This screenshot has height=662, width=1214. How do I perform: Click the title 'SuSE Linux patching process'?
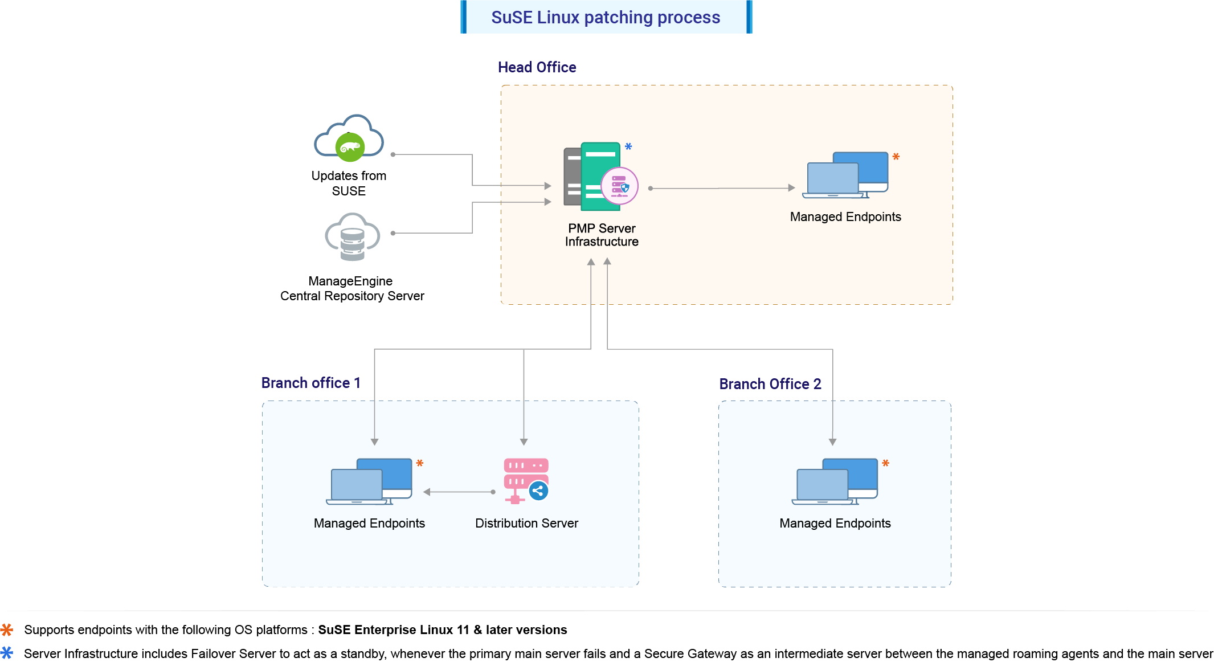(606, 17)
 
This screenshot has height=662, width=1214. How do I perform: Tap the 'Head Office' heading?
(537, 67)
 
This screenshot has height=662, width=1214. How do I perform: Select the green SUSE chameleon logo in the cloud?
(350, 148)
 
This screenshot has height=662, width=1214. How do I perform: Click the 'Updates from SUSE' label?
(349, 183)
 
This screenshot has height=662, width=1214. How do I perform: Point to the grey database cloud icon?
(352, 237)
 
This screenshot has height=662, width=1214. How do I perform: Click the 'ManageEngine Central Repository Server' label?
(352, 288)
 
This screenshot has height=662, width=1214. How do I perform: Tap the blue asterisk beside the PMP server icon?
(628, 147)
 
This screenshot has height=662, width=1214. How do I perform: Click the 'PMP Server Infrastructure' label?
(602, 235)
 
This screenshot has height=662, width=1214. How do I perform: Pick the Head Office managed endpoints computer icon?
(845, 175)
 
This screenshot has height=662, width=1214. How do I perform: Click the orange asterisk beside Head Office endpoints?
(896, 157)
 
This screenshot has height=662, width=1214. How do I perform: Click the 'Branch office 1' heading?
(310, 383)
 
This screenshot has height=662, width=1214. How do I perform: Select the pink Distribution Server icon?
(525, 480)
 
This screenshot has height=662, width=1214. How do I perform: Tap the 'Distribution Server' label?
(526, 523)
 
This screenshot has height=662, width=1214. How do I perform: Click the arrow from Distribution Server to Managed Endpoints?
(459, 492)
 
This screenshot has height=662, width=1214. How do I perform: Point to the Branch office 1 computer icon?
(369, 481)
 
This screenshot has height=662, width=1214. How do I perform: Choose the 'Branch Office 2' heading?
(770, 384)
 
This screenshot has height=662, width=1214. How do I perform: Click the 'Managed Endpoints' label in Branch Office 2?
(835, 523)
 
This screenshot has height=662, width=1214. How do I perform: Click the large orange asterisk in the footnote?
(7, 630)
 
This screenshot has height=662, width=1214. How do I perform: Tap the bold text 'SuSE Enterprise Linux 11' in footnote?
(393, 630)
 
